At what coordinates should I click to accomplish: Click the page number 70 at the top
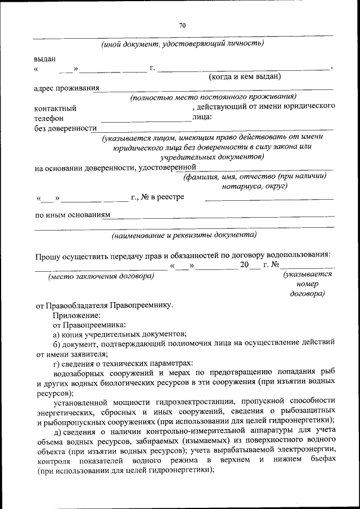tap(182, 25)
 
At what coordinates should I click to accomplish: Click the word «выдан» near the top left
tap(44, 58)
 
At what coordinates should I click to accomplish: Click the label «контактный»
tap(55, 108)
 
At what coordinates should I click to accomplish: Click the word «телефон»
tap(48, 118)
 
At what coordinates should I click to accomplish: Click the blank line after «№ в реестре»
tap(268, 199)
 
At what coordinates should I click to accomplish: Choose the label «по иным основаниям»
tap(72, 214)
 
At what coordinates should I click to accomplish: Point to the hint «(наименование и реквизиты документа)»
tap(183, 235)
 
